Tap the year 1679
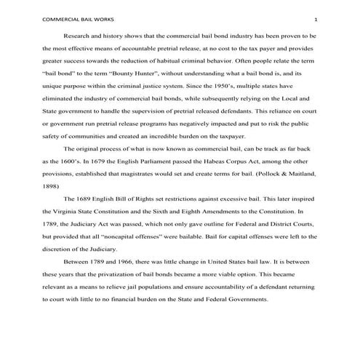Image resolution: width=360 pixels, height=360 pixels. (x=107, y=160)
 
